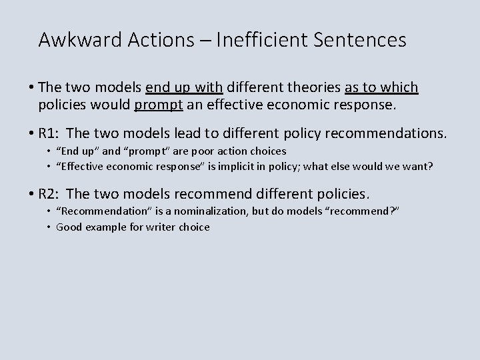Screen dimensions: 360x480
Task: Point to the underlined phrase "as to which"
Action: coord(381,87)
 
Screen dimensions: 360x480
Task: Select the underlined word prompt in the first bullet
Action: coord(156,105)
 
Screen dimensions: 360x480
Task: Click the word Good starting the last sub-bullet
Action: coord(68,227)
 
